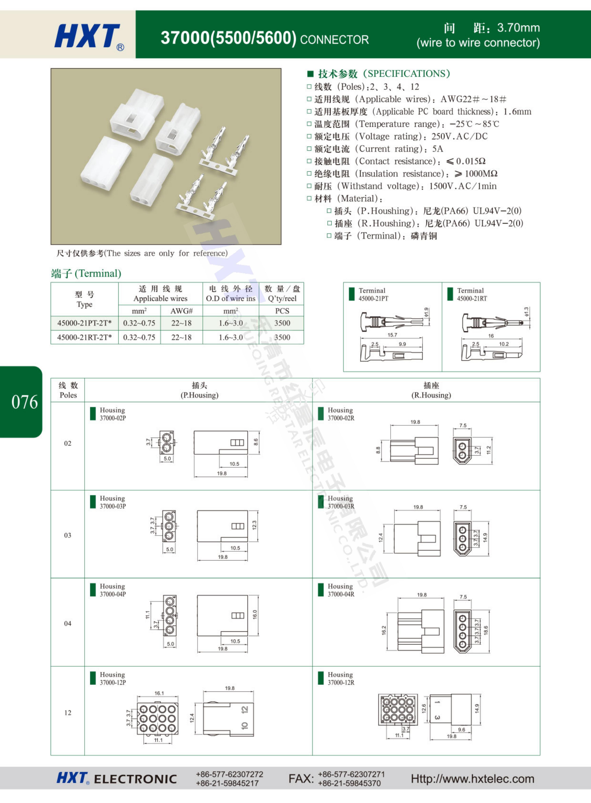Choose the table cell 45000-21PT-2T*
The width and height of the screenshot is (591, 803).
tap(84, 323)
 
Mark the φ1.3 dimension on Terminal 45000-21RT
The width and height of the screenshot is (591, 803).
tap(526, 312)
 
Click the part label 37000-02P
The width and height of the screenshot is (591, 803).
tap(113, 418)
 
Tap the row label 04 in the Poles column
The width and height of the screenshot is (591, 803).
tap(68, 623)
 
